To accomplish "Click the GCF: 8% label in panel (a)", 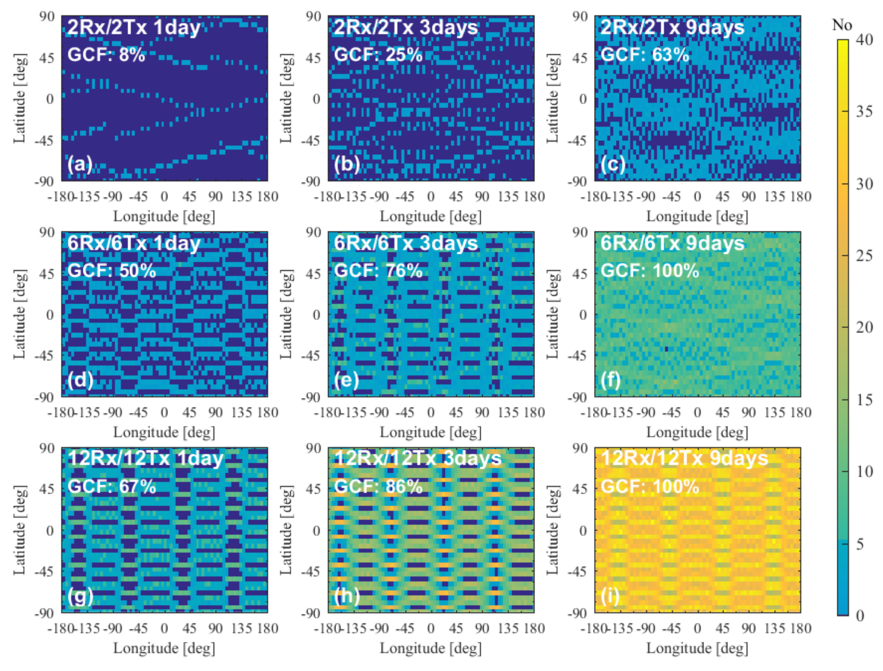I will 106,55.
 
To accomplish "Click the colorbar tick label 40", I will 864,40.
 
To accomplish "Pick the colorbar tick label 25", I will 864,256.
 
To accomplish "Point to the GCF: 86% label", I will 378,486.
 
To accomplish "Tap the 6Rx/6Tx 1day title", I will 134,243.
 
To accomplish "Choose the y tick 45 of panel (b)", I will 313,58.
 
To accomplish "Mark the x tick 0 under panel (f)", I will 697,412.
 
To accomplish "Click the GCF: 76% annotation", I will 378,271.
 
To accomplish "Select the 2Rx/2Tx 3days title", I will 406,28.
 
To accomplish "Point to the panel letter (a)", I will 80,164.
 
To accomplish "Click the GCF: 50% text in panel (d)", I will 111,271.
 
